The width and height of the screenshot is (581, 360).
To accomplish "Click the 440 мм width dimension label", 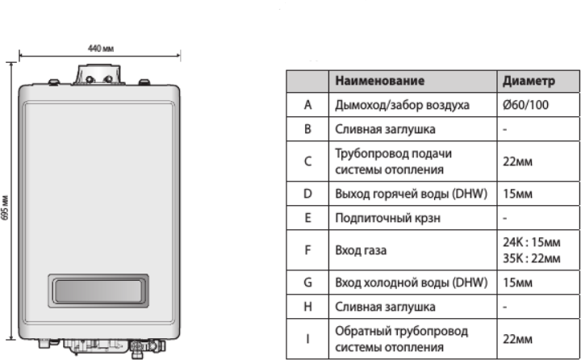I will click(x=101, y=48).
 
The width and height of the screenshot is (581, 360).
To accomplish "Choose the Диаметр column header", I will click(x=529, y=81).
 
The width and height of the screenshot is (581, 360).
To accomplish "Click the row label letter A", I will click(x=307, y=105).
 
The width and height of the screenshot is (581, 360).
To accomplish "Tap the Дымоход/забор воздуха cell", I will click(x=401, y=105).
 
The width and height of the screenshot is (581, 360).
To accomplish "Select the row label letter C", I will click(x=307, y=161).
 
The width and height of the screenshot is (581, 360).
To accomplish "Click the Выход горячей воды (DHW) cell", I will click(x=410, y=195).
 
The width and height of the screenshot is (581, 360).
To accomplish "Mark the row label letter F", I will click(x=307, y=250).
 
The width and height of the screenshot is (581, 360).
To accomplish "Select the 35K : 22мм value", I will click(x=531, y=258).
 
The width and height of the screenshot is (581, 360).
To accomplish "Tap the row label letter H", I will click(x=307, y=307).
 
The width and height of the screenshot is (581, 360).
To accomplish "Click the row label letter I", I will click(x=307, y=339).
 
